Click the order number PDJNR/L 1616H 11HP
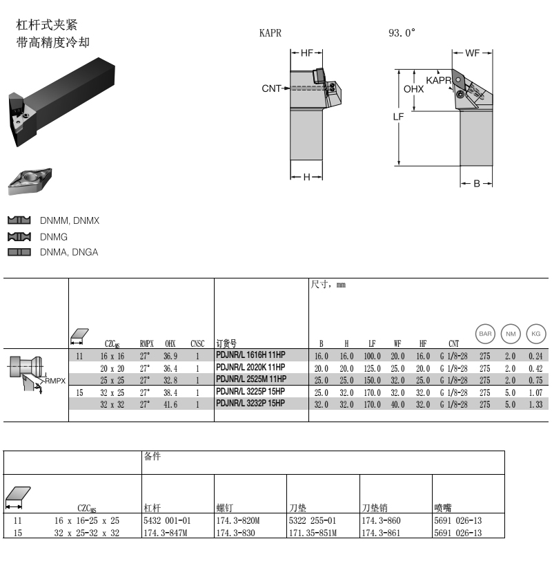[250, 355]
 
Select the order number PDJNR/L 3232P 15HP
[250, 404]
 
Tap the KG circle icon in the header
[535, 334]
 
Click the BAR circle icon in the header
[486, 334]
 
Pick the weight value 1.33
[535, 405]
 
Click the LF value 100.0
[372, 356]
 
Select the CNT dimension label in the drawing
[271, 88]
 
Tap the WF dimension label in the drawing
[473, 53]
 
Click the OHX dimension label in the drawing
[413, 89]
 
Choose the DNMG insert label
[54, 236]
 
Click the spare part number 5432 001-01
[166, 520]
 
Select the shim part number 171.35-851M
[313, 533]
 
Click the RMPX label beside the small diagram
[55, 381]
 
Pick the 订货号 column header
[227, 343]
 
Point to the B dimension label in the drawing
[477, 184]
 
